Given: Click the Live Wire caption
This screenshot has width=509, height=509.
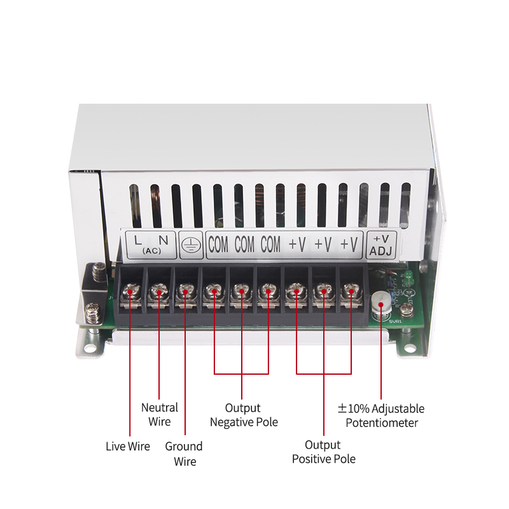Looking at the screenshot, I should tap(128, 446).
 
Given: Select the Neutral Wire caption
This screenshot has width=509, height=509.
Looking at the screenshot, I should tap(159, 414).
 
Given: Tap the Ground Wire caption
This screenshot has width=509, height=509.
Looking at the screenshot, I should tap(184, 453).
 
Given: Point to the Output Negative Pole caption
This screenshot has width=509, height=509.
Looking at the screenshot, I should tap(244, 415).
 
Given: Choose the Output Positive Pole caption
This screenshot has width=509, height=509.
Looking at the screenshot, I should tap(323, 452).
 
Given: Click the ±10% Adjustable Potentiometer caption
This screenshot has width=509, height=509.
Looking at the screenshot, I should tap(381, 415).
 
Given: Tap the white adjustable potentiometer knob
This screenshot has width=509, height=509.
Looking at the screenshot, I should tap(381, 303).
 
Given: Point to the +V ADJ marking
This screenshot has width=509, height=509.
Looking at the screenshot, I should tap(382, 244).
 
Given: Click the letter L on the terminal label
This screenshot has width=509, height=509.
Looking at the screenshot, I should tap(138, 240).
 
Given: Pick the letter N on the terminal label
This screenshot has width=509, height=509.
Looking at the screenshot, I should tap(164, 240).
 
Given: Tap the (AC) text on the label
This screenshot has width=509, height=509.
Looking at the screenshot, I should tap(151, 251).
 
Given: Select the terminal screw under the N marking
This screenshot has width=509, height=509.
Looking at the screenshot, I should tap(158, 293).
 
